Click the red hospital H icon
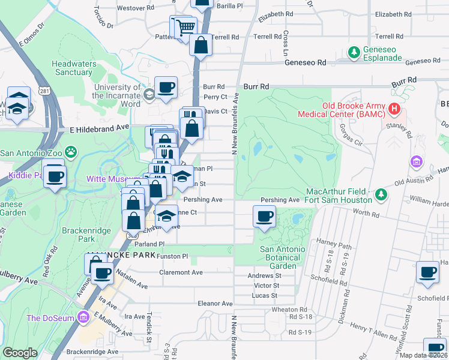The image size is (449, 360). tap(394, 109)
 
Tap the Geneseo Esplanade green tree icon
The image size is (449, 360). tap(354, 53)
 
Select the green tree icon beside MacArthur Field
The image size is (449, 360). tap(381, 195)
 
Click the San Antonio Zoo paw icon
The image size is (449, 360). tap(71, 152)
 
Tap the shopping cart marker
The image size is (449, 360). tap(185, 27)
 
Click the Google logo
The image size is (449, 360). tap(20, 353)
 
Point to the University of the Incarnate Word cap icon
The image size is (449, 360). tap(148, 94)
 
